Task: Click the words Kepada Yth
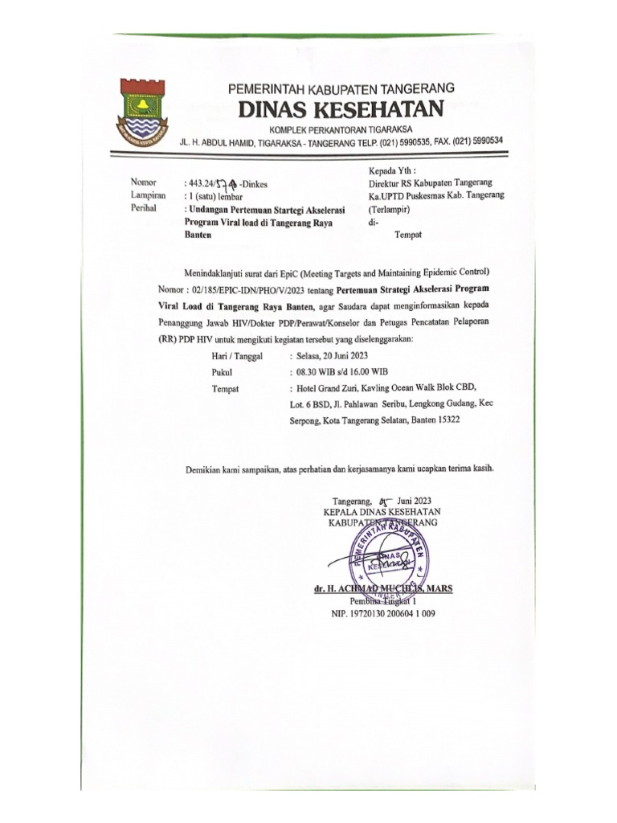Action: point(392,170)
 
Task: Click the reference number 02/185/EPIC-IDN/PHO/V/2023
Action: point(256,289)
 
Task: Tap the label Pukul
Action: point(221,372)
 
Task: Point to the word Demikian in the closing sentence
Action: point(207,469)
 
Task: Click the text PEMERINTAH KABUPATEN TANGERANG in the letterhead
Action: point(342,88)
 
